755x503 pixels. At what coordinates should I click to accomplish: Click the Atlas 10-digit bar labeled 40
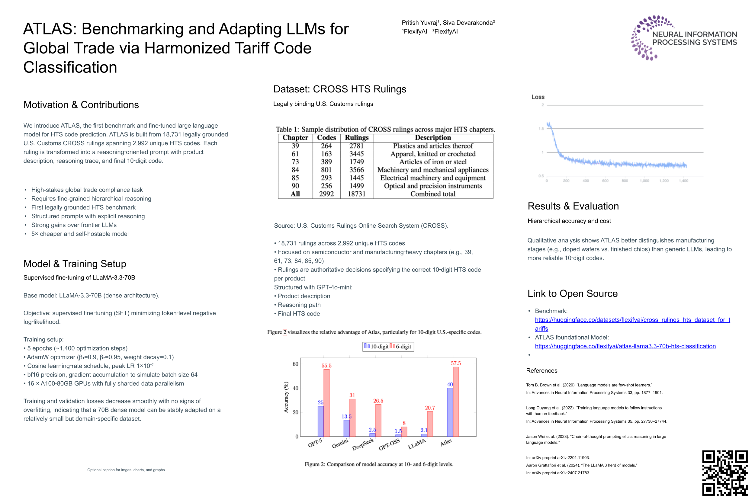pyautogui.click(x=450, y=412)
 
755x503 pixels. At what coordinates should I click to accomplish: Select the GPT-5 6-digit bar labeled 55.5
pyautogui.click(x=326, y=402)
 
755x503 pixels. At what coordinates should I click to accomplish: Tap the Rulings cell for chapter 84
pyautogui.click(x=356, y=170)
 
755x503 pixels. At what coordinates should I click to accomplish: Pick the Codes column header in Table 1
pyautogui.click(x=326, y=138)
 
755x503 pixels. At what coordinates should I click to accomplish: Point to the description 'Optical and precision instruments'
pyautogui.click(x=432, y=186)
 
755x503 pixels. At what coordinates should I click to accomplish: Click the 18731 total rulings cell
pyautogui.click(x=356, y=194)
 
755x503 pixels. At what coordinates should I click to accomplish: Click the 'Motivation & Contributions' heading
pyautogui.click(x=81, y=104)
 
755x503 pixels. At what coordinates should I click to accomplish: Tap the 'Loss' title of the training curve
pyautogui.click(x=538, y=97)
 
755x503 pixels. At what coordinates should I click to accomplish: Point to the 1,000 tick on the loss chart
pyautogui.click(x=644, y=181)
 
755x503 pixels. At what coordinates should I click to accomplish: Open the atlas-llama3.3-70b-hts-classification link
pyautogui.click(x=625, y=346)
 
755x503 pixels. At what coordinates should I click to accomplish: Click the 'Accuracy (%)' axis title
pyautogui.click(x=286, y=397)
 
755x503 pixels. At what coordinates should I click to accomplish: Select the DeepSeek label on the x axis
pyautogui.click(x=363, y=444)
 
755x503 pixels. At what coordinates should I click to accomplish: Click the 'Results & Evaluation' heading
pyautogui.click(x=573, y=206)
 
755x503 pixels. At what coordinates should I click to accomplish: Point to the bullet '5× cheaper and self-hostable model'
pyautogui.click(x=80, y=234)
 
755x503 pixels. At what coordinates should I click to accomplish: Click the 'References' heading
pyautogui.click(x=541, y=370)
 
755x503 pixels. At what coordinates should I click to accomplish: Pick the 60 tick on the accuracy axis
pyautogui.click(x=295, y=364)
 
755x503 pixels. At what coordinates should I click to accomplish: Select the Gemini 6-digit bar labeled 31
pyautogui.click(x=352, y=417)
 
